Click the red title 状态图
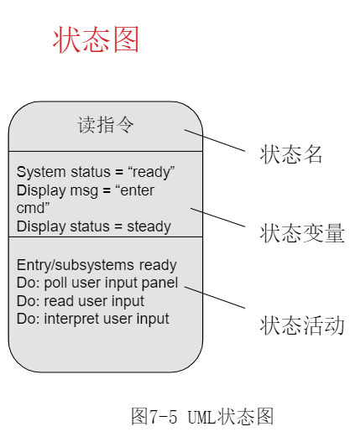point(97,39)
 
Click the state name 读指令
point(106,126)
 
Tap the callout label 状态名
point(291,156)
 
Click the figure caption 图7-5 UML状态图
point(202,417)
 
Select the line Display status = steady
point(94,226)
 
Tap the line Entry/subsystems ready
point(97,265)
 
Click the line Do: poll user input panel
point(97,283)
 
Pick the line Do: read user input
point(81,300)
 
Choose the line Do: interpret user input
point(93,319)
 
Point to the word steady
point(149,226)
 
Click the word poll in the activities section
point(55,283)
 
